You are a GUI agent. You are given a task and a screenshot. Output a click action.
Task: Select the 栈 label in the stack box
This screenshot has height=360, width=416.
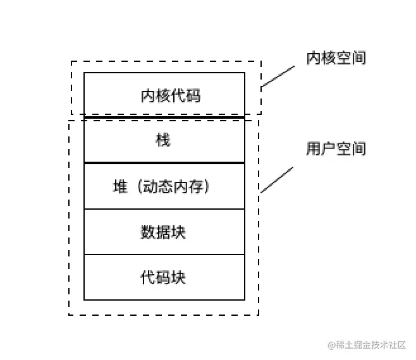(163, 140)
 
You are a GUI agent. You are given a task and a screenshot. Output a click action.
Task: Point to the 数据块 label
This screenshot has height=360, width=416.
(163, 232)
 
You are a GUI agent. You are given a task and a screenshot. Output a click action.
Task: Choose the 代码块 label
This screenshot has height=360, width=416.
(163, 277)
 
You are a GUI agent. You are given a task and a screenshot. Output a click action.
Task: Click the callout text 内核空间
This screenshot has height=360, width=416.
(336, 58)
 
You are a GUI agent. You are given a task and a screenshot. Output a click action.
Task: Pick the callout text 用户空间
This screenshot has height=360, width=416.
(336, 149)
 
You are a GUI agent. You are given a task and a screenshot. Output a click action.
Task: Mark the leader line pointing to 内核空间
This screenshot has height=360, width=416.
(278, 76)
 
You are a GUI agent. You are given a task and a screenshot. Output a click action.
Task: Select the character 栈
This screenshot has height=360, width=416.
(163, 140)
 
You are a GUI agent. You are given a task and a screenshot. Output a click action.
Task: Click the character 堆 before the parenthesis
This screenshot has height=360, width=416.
(120, 187)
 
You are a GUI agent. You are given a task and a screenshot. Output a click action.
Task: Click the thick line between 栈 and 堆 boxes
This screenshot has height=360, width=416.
(164, 163)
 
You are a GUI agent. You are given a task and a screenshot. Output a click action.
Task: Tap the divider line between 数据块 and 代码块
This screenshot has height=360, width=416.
(164, 255)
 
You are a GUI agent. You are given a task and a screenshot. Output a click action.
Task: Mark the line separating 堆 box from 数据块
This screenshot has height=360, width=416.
(164, 209)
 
